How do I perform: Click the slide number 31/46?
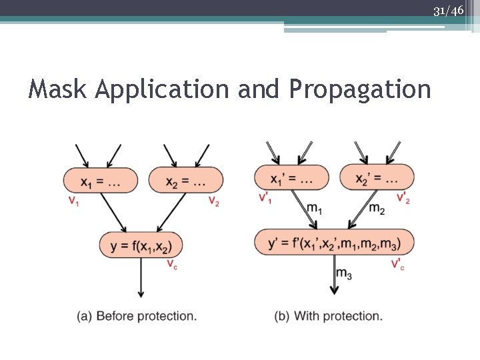[448, 10]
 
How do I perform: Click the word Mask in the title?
[57, 89]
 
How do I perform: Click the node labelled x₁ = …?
[101, 181]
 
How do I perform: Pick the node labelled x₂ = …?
[185, 181]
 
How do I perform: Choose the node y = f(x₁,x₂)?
[141, 245]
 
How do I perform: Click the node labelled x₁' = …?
[291, 178]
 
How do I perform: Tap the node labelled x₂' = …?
[377, 178]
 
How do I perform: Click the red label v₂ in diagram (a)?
[213, 202]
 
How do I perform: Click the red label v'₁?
[265, 198]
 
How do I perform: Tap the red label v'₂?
[403, 198]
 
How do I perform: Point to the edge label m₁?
[315, 209]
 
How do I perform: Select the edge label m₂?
[377, 209]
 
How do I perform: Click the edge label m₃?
[344, 273]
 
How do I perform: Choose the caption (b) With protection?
[329, 315]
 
